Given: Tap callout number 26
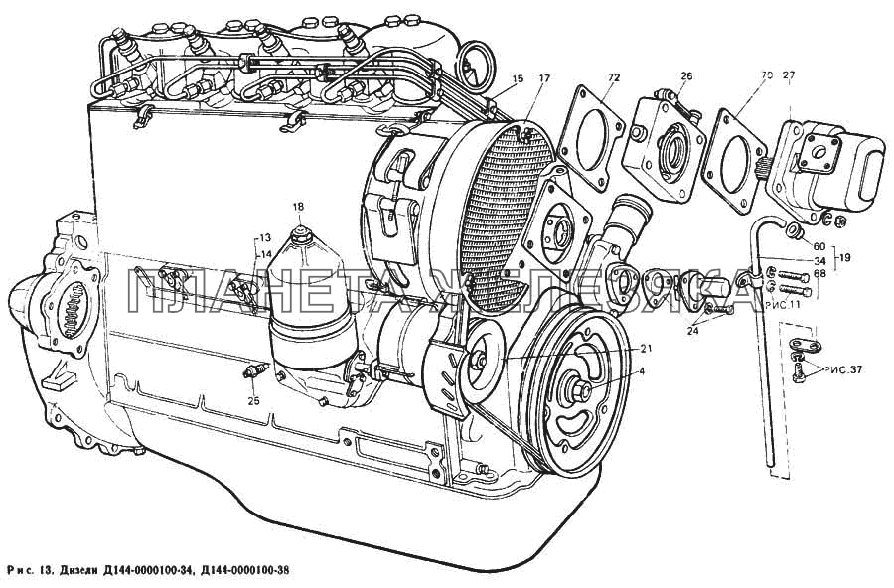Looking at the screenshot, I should coord(686,77).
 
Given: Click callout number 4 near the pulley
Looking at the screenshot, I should coord(641,371).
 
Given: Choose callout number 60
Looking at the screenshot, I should coord(819,246).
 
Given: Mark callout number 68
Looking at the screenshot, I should coord(819,274).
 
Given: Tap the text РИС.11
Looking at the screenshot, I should coord(783,304).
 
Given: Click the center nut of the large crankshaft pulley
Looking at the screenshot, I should coord(578,391).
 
